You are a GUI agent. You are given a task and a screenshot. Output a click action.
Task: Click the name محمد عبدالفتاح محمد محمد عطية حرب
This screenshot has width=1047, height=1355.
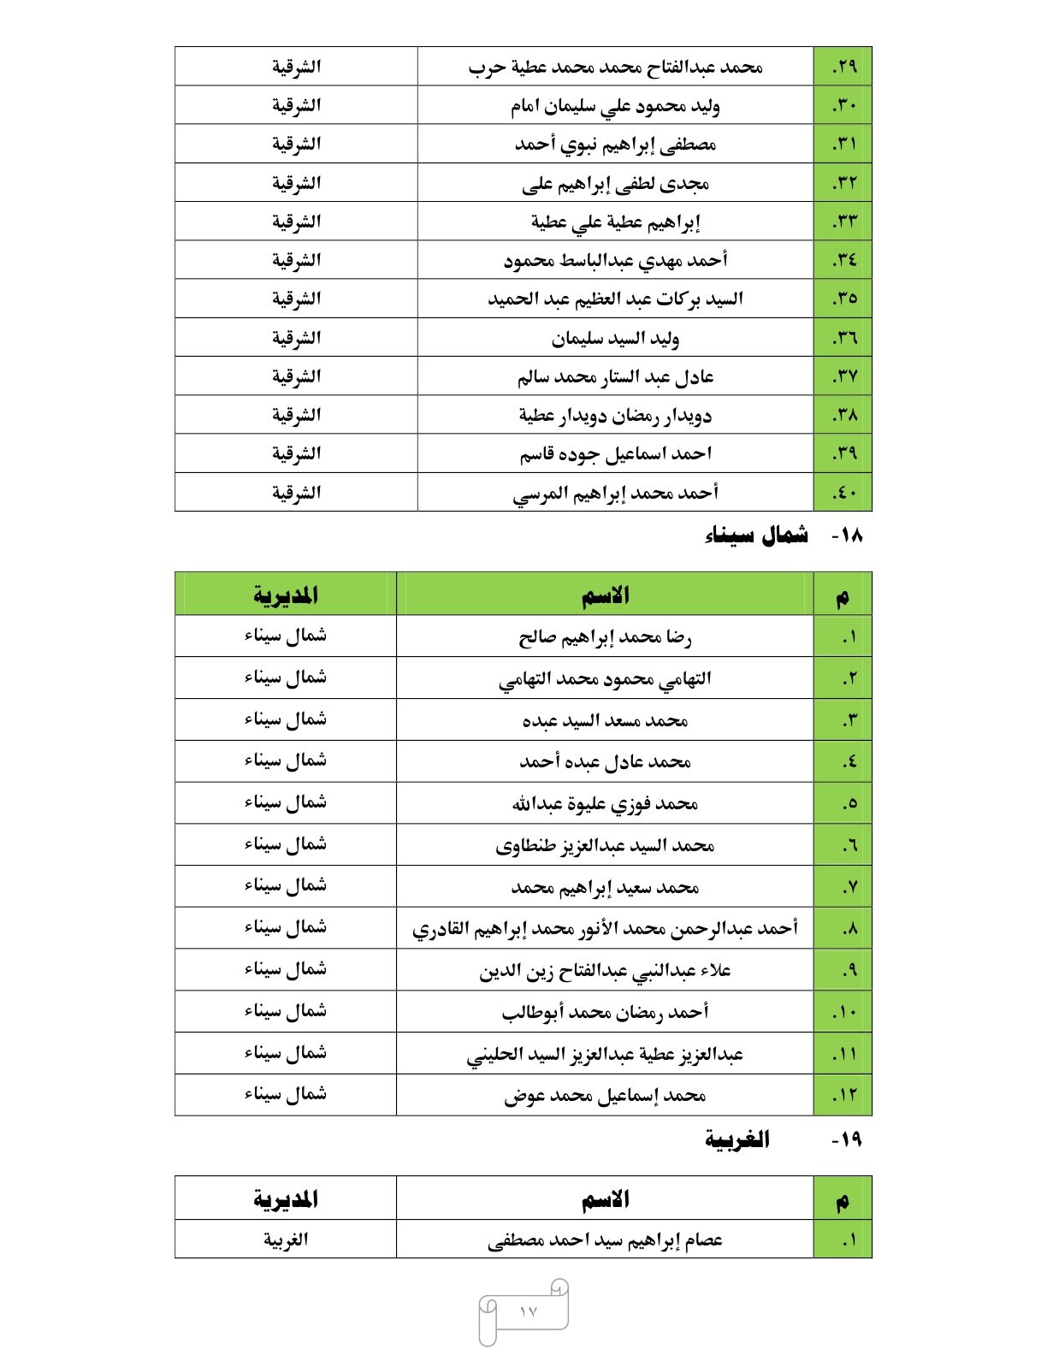[x=615, y=67]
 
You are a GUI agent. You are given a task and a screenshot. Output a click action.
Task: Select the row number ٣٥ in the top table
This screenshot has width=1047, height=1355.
[x=844, y=299]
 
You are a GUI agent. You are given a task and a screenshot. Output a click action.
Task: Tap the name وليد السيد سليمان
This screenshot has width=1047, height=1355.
[x=615, y=338]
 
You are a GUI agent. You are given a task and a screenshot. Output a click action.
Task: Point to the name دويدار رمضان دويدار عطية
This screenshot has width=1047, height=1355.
[x=615, y=415]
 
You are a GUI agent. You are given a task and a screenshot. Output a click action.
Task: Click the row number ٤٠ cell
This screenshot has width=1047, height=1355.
[x=844, y=493]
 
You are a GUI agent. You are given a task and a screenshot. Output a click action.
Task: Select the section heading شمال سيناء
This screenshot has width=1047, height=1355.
[x=757, y=536]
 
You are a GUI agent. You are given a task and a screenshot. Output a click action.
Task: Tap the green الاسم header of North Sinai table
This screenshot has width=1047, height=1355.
[x=605, y=595]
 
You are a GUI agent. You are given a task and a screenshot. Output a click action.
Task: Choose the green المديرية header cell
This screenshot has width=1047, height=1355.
[x=286, y=595]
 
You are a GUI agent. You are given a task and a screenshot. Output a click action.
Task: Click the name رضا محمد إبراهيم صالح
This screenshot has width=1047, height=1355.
[x=605, y=637]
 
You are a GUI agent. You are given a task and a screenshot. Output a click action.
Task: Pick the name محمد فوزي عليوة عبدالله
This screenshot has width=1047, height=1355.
[x=605, y=803]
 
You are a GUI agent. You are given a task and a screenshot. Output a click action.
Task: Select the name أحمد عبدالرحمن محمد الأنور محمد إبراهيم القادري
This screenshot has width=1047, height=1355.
[x=605, y=928]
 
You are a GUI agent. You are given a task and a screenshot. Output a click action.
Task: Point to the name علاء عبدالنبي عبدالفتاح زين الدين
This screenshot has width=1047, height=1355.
[x=605, y=970]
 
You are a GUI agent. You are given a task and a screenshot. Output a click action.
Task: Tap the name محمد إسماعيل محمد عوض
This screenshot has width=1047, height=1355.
[x=605, y=1095]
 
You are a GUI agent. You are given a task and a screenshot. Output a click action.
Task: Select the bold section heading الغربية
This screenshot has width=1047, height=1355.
[x=737, y=1139]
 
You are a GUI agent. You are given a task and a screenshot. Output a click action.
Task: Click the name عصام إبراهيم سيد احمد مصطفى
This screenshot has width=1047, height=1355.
[x=605, y=1240]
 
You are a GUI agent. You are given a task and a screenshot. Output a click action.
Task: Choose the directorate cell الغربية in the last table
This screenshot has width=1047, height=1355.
[x=286, y=1240]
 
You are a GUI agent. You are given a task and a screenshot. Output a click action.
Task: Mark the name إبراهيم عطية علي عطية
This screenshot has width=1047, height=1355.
[x=615, y=222]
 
